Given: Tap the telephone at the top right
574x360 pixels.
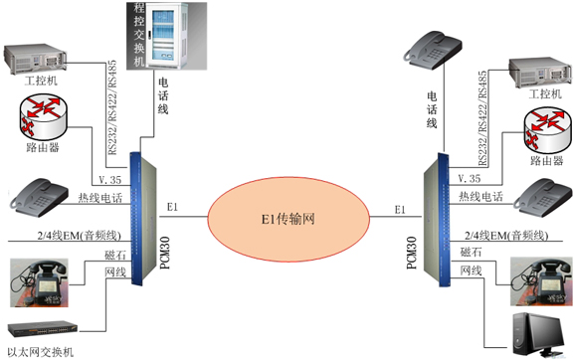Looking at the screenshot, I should click(x=436, y=48).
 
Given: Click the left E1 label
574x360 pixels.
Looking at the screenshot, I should click(x=172, y=207).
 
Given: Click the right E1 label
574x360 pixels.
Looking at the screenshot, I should click(x=400, y=209).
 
